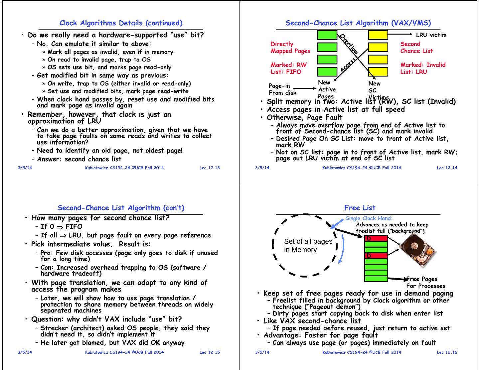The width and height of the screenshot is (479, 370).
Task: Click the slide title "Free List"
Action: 360,208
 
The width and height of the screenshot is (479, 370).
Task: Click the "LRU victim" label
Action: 431,35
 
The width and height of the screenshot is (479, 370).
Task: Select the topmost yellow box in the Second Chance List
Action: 378,35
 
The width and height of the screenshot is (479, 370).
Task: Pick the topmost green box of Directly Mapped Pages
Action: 327,35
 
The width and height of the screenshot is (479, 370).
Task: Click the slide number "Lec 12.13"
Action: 210,168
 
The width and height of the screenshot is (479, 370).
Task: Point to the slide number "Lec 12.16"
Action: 447,352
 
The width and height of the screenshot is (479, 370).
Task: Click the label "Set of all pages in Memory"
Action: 308,245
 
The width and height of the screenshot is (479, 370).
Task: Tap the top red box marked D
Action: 376,238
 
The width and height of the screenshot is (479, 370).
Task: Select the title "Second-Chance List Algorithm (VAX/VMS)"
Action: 358,23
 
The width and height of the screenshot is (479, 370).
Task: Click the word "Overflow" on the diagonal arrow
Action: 349,44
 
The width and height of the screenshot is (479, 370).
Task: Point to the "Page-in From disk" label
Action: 282,89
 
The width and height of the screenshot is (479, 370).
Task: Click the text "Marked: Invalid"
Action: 423,65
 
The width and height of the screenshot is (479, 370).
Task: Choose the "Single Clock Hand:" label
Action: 369,218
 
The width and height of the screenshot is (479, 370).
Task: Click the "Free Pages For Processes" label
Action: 426,283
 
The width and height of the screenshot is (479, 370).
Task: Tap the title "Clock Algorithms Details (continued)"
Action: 121,23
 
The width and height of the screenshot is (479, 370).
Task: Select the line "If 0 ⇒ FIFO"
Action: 61,227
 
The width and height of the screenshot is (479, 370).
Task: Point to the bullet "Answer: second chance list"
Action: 79,159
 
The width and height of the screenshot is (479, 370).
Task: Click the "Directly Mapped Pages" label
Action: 290,47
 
